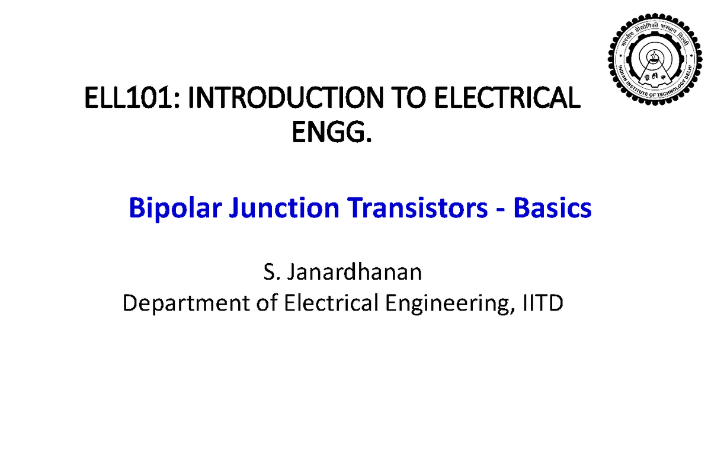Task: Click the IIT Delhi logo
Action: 655,59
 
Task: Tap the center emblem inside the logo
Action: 654,57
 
